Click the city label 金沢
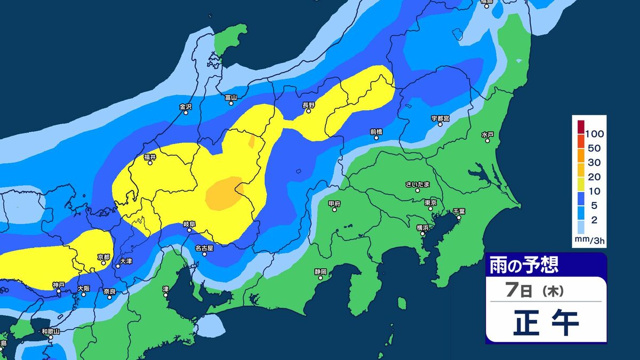185,106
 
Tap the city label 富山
231,97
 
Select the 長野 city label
309,105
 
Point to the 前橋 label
376,131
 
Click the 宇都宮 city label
441,118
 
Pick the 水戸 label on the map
487,134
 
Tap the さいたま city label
418,185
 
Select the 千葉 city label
459,211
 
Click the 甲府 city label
334,203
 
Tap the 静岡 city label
320,271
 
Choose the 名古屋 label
204,248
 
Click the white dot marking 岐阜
189,231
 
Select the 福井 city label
150,157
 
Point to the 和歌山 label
51,331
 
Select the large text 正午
546,324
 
